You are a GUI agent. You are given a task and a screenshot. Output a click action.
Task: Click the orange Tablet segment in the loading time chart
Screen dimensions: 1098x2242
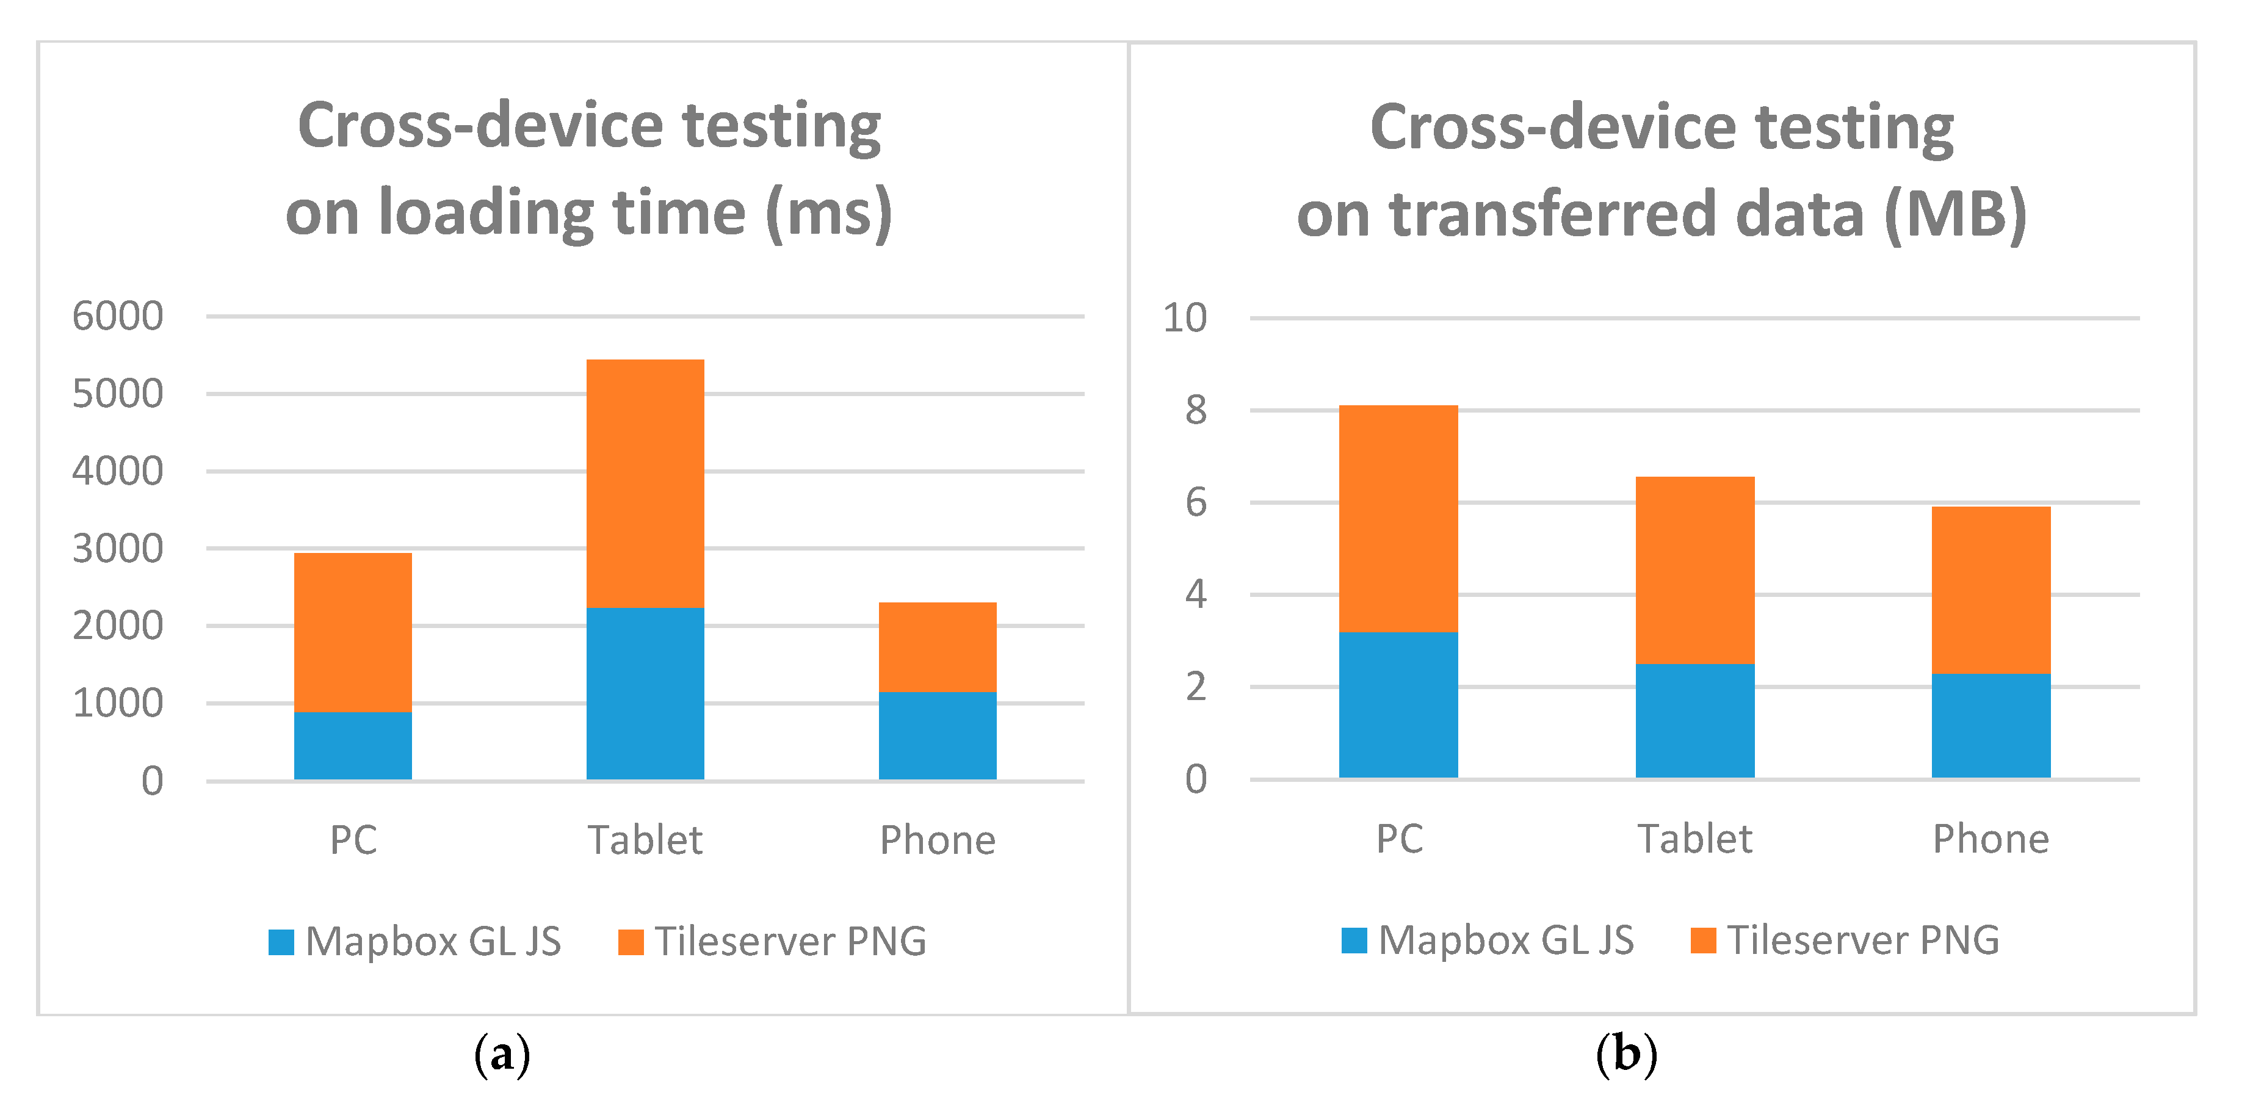[x=645, y=483]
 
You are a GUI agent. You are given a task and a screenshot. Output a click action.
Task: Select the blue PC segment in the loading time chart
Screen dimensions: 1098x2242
[x=352, y=746]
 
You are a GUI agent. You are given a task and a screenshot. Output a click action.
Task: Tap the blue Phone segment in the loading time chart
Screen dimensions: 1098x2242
[x=938, y=735]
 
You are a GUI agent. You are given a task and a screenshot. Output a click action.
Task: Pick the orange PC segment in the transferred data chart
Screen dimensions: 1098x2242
[x=1398, y=519]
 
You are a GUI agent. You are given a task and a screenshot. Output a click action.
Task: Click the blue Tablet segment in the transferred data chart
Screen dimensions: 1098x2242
[x=1694, y=720]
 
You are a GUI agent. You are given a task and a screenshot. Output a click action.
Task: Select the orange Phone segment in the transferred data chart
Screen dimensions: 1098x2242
[x=1991, y=590]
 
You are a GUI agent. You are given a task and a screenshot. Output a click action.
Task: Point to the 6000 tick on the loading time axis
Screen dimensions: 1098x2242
[x=117, y=316]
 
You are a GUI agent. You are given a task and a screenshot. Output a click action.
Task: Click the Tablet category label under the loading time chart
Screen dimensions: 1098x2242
[x=645, y=840]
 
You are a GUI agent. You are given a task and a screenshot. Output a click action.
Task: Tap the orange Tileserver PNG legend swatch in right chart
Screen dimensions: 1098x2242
[x=1702, y=941]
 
